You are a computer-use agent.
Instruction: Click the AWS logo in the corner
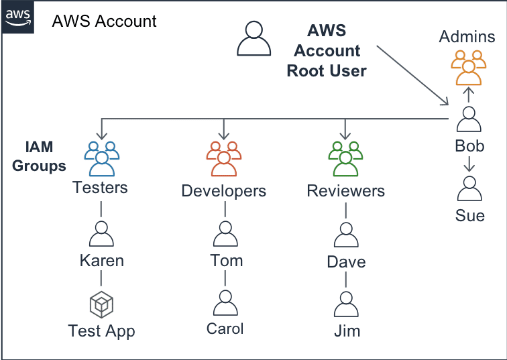(x=18, y=17)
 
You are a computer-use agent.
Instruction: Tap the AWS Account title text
(x=104, y=21)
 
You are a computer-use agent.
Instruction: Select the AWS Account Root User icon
(x=253, y=38)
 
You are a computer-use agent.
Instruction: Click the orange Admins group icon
(x=469, y=68)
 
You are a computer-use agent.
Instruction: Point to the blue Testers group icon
(x=101, y=159)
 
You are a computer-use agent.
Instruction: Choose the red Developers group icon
(x=224, y=159)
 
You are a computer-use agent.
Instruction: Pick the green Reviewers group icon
(x=345, y=159)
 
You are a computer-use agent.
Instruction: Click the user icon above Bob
(x=469, y=119)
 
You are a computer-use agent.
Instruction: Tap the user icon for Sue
(x=469, y=188)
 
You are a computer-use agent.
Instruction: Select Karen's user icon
(x=101, y=234)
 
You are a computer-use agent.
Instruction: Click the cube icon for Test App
(x=101, y=304)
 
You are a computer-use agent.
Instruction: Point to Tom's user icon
(x=225, y=234)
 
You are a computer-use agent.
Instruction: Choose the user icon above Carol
(x=225, y=303)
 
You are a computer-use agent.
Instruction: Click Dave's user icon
(x=346, y=235)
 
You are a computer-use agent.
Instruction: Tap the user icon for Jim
(x=346, y=304)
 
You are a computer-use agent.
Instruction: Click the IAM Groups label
(x=39, y=156)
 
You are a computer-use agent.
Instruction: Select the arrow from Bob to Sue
(x=469, y=164)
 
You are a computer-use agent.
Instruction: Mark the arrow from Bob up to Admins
(x=469, y=95)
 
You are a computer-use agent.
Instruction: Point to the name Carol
(x=225, y=328)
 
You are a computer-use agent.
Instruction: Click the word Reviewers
(x=345, y=190)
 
